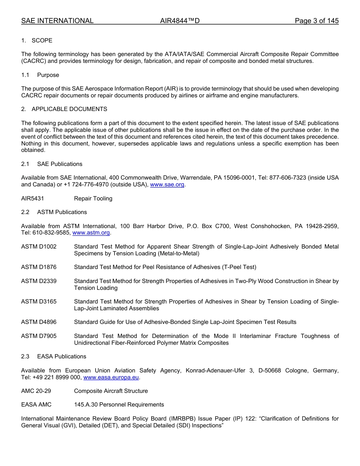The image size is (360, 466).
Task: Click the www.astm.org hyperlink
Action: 91,233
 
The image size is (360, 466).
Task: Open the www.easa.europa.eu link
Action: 111,377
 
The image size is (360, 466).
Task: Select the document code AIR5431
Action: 33,199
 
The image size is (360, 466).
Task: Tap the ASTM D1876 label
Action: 39,267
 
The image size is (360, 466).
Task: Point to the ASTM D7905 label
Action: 39,336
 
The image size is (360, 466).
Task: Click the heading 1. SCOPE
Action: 37,41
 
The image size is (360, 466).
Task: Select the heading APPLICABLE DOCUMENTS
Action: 69,109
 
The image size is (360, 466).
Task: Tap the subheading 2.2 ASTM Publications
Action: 54,212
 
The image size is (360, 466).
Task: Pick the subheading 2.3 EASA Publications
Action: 53,357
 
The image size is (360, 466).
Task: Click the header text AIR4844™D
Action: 180,21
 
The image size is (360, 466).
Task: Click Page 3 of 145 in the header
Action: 316,21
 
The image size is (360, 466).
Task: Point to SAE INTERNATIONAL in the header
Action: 57,21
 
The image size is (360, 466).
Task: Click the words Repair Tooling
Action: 93,199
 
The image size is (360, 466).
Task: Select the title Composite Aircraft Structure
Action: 111,391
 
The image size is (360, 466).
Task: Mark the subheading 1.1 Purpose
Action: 40,75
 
